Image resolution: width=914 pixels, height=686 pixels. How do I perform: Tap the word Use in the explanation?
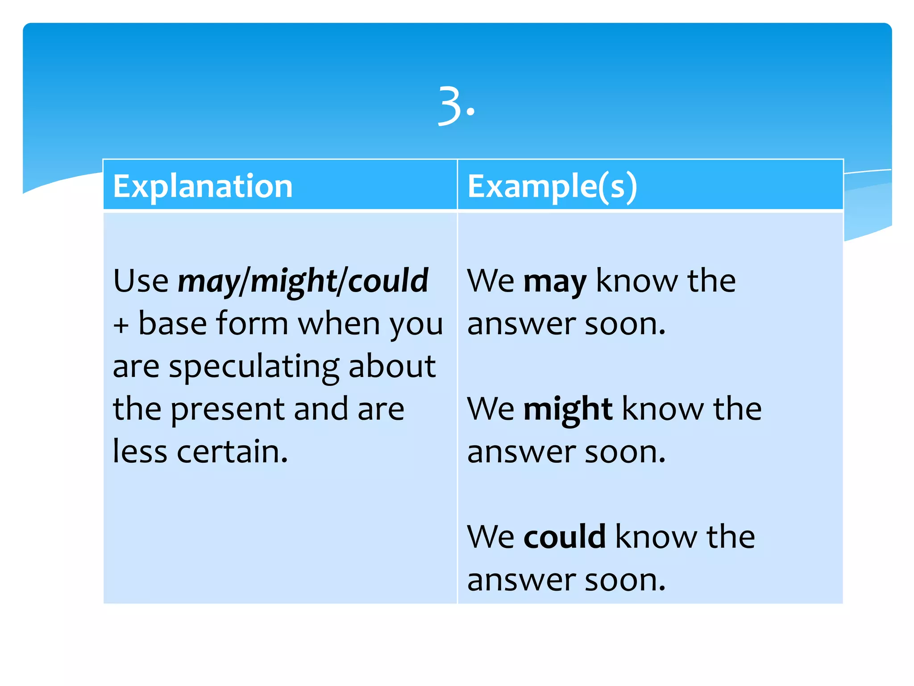coord(141,281)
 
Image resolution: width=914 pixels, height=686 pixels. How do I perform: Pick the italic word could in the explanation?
coord(387,281)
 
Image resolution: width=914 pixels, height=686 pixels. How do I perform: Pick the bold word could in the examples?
coord(564,537)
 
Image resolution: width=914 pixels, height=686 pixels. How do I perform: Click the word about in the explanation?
coord(391,366)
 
